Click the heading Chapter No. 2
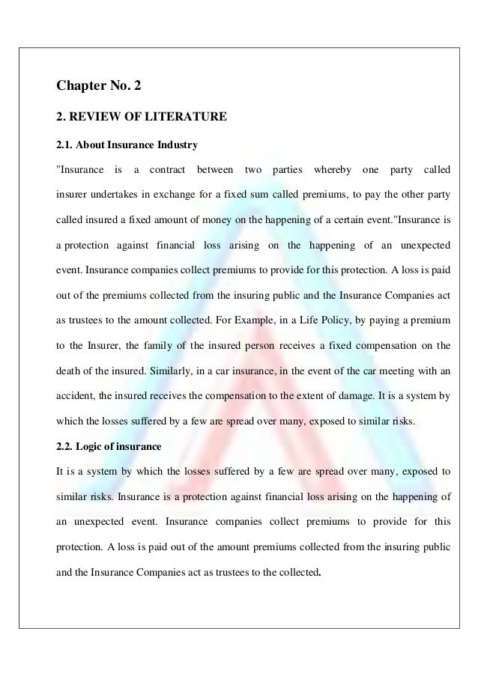tap(98, 87)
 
